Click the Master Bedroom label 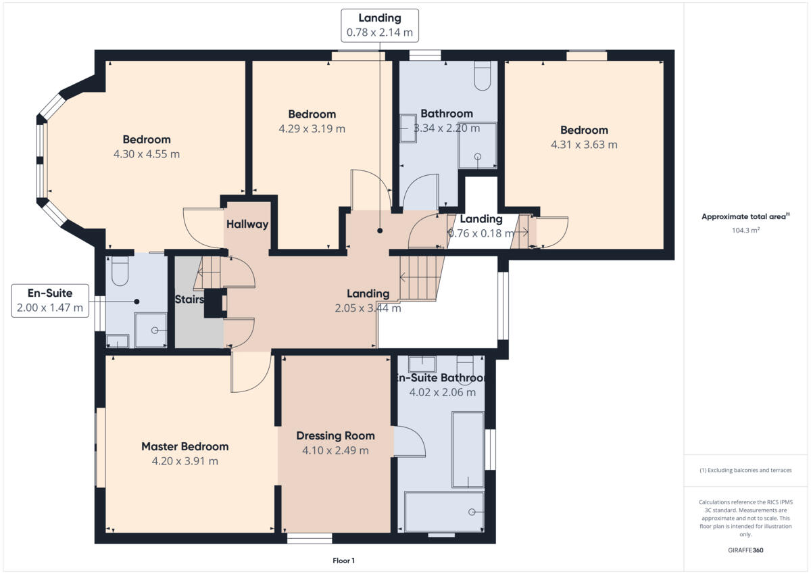click(x=185, y=446)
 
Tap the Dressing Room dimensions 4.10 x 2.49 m click(x=335, y=451)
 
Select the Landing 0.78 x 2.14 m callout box click(x=379, y=26)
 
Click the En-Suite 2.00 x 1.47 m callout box click(x=50, y=301)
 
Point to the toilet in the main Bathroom click(x=483, y=76)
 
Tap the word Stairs click(x=190, y=299)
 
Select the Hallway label click(x=247, y=224)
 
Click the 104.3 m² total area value click(x=745, y=231)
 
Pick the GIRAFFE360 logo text click(x=745, y=550)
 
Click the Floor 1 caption click(x=343, y=560)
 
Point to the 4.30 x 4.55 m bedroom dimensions click(x=147, y=154)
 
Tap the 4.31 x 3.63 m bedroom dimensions click(x=584, y=145)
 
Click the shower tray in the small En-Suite click(x=150, y=330)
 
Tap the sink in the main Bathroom click(x=408, y=128)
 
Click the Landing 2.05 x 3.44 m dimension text click(x=368, y=308)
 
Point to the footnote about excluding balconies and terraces click(x=745, y=470)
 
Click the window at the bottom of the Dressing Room click(x=310, y=539)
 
